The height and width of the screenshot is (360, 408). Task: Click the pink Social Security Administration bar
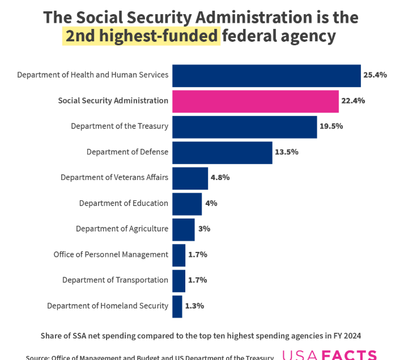255,101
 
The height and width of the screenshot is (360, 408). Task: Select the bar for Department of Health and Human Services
266,75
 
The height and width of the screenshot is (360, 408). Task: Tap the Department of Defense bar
222,152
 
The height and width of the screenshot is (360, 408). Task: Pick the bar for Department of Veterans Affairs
190,178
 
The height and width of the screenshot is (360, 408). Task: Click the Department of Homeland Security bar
177,306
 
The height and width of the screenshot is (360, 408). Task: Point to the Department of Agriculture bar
183,229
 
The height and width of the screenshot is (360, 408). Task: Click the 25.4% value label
376,75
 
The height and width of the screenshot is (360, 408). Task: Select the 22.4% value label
354,101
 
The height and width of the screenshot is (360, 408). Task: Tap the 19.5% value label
331,126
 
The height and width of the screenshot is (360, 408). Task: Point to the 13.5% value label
287,152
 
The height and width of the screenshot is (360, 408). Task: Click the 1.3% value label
194,306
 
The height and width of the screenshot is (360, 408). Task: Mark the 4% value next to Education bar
211,203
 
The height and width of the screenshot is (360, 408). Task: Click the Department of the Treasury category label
120,126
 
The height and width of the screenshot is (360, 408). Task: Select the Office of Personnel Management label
111,255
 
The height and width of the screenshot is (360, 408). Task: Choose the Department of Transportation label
115,280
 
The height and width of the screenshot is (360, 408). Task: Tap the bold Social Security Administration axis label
113,101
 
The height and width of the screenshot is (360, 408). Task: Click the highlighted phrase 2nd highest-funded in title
141,36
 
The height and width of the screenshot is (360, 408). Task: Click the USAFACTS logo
329,355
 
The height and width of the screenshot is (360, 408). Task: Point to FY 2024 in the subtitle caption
346,336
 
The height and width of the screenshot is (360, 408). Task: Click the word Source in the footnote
37,357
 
